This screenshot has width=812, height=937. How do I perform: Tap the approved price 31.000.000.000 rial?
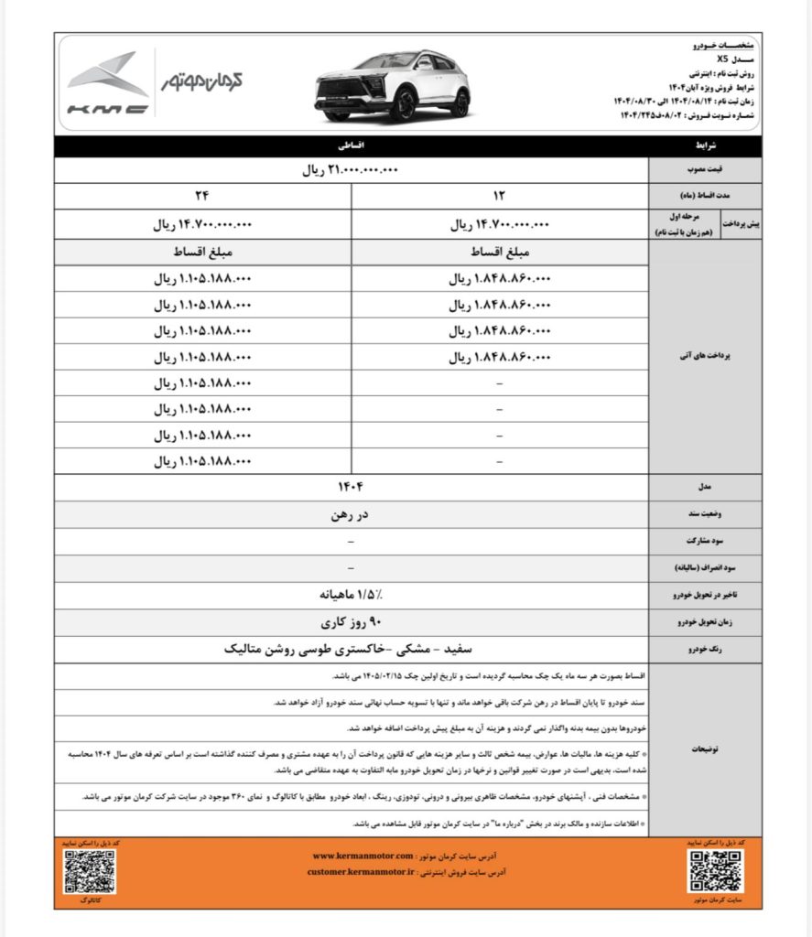(x=352, y=170)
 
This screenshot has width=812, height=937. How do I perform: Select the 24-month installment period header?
(x=202, y=196)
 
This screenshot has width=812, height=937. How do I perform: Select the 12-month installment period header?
(x=500, y=196)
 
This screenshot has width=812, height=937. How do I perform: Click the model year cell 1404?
(x=352, y=487)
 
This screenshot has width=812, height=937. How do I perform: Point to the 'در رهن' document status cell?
(x=352, y=514)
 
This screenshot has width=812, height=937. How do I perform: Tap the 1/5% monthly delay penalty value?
(x=352, y=595)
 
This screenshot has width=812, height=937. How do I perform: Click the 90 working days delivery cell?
(x=352, y=622)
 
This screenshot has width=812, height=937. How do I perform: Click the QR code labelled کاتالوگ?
(x=89, y=871)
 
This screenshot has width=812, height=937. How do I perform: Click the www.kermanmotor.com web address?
(x=363, y=856)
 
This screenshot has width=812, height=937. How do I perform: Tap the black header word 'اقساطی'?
(x=352, y=145)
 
